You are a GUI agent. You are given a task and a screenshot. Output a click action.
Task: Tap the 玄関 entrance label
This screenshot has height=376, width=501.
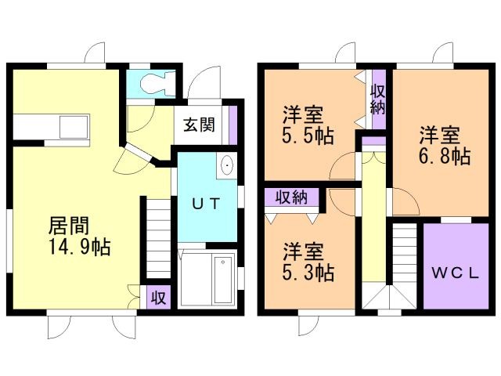(200, 125)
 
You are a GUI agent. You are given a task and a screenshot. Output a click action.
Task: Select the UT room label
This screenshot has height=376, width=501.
(207, 203)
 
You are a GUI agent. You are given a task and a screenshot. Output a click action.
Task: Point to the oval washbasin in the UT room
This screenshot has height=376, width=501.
(227, 167)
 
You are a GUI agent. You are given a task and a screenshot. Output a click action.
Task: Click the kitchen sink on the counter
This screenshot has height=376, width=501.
(75, 126)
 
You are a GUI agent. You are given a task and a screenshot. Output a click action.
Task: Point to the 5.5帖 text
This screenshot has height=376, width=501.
(308, 136)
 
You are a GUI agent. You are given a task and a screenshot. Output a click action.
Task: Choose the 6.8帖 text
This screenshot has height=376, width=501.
(444, 156)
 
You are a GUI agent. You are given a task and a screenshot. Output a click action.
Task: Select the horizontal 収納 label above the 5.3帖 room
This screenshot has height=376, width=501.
(291, 196)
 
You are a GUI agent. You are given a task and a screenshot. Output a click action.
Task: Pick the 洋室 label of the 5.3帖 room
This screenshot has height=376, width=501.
(302, 251)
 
